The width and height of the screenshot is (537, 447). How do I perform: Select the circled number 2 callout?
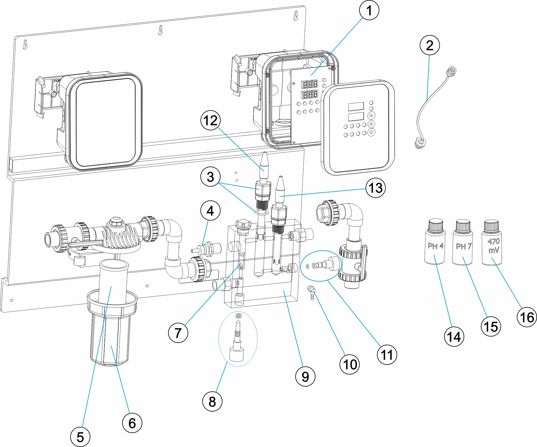[430, 45]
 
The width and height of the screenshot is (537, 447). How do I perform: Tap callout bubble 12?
[211, 120]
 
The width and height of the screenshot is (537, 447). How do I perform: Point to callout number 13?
[376, 188]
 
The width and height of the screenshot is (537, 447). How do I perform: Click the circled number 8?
[212, 401]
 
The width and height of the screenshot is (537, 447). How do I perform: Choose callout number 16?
[527, 317]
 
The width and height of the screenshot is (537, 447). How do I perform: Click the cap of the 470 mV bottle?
[492, 226]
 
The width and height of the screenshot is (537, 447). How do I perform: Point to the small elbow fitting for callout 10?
[311, 292]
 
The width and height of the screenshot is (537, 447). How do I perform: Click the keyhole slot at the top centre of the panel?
[161, 30]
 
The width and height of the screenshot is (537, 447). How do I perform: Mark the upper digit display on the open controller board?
[309, 84]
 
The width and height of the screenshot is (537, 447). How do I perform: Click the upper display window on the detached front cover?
[356, 106]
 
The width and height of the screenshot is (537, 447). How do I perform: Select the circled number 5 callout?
[80, 437]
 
